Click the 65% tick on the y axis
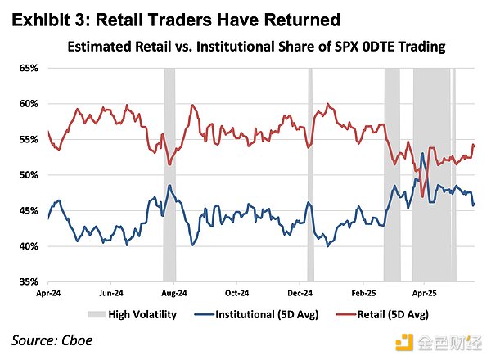[28, 68]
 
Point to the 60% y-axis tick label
[28, 104]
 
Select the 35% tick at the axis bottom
[28, 282]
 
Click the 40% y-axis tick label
[28, 246]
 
